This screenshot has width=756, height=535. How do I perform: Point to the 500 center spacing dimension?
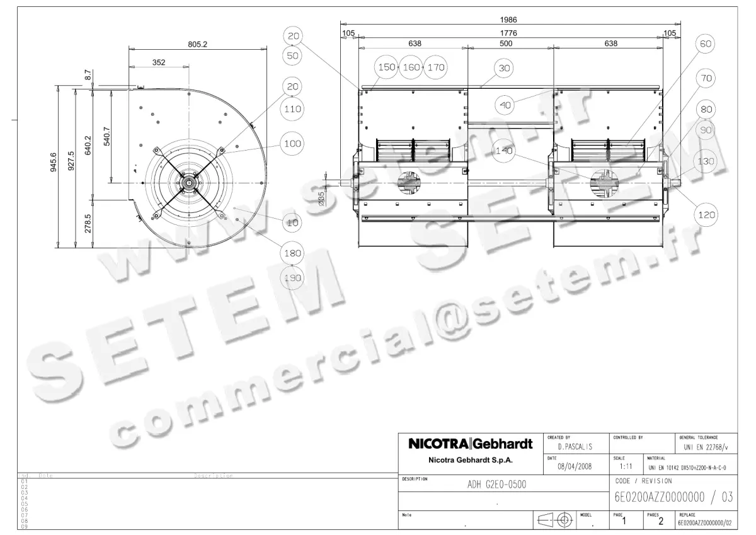506,43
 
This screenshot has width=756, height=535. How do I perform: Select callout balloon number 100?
292,144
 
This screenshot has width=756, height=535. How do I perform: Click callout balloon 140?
505,151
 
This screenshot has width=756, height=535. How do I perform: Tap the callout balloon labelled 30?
503,67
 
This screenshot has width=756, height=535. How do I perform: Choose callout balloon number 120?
706,215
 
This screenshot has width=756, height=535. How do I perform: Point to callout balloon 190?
293,278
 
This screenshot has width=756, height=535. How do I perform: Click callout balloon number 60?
706,43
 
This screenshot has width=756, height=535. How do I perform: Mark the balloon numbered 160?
411,67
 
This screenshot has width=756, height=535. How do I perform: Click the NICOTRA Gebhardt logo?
471,444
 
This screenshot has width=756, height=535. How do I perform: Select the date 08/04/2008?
575,466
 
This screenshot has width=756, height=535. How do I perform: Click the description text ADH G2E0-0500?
496,485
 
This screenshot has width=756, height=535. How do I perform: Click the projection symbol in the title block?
554,521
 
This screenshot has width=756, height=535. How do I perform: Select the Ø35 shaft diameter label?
321,198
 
